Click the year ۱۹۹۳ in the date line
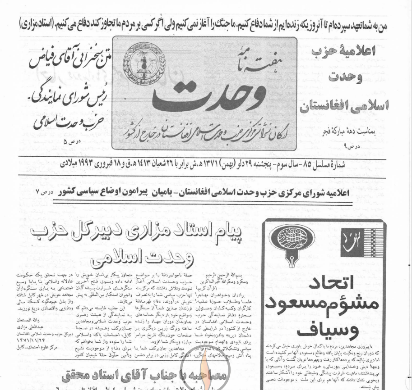click(324, 164)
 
